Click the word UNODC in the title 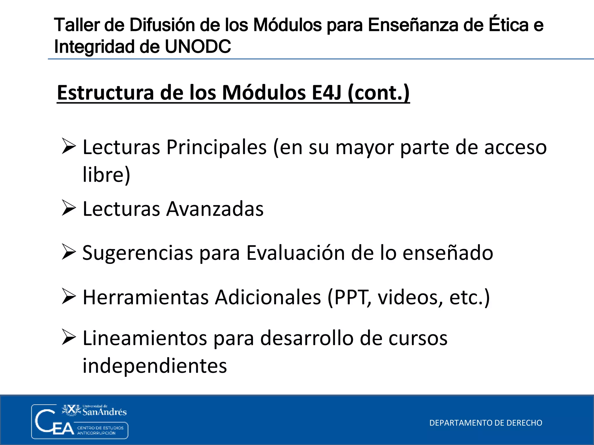198,47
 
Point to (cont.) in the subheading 379,93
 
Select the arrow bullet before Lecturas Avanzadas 69,208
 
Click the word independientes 155,366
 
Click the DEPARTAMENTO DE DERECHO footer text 486,423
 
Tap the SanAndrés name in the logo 104,412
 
